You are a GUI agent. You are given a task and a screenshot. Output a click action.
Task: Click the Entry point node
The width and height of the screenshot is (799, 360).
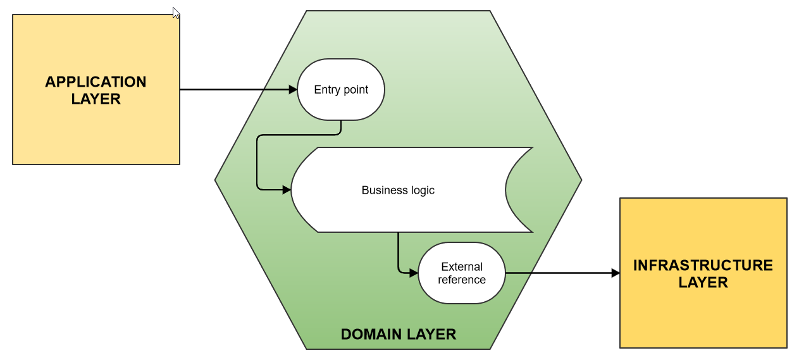341,89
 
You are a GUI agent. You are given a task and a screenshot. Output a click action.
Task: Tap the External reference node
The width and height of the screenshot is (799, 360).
462,273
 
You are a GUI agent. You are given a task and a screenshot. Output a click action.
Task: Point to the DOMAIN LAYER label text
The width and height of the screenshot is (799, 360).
398,334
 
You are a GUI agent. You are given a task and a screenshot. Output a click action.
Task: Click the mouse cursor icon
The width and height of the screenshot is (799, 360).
176,13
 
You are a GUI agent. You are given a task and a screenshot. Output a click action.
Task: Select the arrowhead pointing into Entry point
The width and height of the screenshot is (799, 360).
293,90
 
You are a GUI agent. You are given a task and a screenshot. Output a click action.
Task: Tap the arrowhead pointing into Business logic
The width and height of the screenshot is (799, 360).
287,189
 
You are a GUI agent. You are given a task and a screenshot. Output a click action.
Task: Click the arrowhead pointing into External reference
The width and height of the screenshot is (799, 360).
414,273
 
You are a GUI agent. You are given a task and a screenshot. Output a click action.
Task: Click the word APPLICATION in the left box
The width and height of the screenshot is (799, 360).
96,82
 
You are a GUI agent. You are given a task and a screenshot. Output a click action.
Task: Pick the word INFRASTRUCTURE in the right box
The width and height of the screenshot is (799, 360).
703,265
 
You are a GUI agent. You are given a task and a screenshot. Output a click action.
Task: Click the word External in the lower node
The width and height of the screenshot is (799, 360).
462,267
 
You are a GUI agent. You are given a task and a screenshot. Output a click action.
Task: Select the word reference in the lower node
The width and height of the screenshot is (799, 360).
462,280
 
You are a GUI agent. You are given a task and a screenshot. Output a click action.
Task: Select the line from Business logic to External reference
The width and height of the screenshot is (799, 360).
398,253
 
